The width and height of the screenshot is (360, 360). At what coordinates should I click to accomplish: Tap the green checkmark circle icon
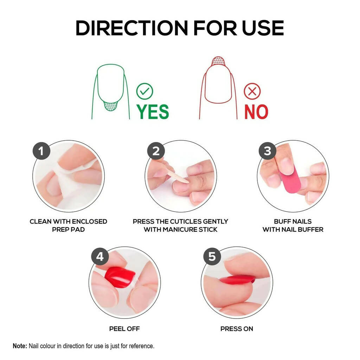144,92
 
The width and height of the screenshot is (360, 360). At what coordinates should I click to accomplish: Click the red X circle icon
252,92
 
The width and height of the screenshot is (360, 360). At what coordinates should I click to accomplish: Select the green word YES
153,112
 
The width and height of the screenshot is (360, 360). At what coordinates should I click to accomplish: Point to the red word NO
256,112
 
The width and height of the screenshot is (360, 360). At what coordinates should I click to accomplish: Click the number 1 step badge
41,152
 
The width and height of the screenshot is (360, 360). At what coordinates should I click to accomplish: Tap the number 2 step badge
156,152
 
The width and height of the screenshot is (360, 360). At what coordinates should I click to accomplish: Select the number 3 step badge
268,151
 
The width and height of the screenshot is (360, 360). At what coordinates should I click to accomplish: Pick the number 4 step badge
100,257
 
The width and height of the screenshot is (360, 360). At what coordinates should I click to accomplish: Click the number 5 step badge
212,257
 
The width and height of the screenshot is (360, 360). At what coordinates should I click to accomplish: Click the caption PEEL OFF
124,329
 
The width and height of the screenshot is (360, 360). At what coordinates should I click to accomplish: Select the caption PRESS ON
237,329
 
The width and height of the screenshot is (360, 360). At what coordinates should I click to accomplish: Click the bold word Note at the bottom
20,346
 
